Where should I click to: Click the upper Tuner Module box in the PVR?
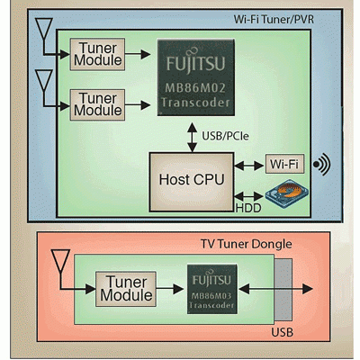tap(97, 54)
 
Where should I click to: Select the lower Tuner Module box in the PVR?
tap(97, 105)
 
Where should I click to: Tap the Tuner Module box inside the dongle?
tap(126, 289)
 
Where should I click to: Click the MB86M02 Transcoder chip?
tap(196, 77)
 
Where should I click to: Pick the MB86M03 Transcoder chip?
tap(212, 289)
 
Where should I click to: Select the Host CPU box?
tap(192, 182)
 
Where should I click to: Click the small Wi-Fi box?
tap(284, 164)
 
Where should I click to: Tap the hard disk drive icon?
tap(287, 192)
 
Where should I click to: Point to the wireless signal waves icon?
tap(321, 164)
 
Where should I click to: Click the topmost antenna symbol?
tap(44, 29)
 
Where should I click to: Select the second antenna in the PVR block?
tap(44, 80)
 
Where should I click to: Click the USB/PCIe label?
tap(225, 136)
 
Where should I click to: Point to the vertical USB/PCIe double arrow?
tap(192, 137)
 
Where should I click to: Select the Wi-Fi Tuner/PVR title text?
tap(274, 20)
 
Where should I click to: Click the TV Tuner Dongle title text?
tap(246, 244)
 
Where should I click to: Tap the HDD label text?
tap(248, 208)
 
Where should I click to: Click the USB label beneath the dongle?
tap(282, 332)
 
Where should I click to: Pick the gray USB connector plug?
tap(283, 290)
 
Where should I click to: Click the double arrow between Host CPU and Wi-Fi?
tap(249, 166)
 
